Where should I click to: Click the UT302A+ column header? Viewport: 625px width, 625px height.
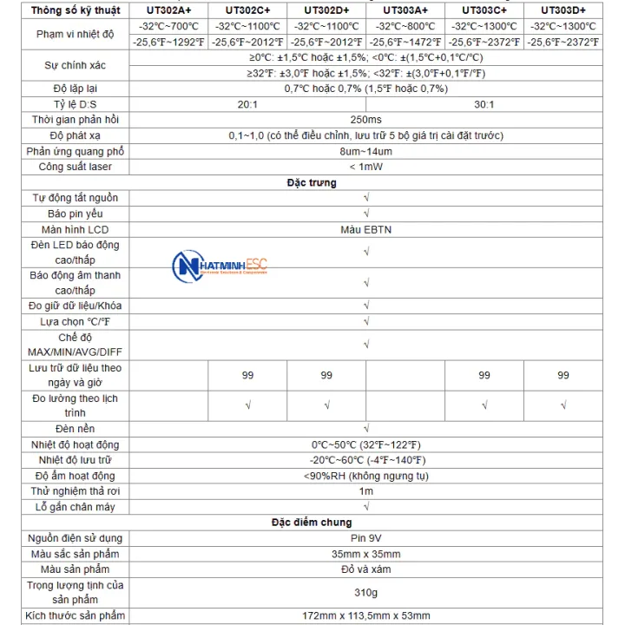[x=168, y=10]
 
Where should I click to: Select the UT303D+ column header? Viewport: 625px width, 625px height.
[x=563, y=10]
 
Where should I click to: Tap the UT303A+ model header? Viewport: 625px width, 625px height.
[x=405, y=10]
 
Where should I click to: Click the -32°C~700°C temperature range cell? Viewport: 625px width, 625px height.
[x=168, y=26]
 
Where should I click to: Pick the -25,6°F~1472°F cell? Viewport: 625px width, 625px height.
[x=405, y=42]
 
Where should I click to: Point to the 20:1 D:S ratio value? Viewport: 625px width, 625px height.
[x=247, y=104]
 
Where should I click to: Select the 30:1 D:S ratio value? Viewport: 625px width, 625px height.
[x=484, y=104]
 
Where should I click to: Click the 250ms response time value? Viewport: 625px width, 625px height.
[x=365, y=120]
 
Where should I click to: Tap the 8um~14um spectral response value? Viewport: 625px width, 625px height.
[x=365, y=151]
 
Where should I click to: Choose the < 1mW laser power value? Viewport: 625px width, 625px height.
[x=365, y=167]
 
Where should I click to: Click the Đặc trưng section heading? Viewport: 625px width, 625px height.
[x=312, y=183]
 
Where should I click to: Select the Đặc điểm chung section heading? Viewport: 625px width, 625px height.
[x=312, y=522]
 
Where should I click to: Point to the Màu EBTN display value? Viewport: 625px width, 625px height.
[x=365, y=229]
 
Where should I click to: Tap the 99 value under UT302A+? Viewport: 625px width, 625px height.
[x=247, y=375]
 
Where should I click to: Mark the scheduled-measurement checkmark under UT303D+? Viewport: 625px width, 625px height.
[x=563, y=405]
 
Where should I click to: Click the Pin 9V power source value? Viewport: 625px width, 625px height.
[x=365, y=538]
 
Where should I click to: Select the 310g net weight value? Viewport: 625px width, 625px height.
[x=365, y=593]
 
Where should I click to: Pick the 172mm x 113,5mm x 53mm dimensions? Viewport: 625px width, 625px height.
[x=365, y=615]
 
